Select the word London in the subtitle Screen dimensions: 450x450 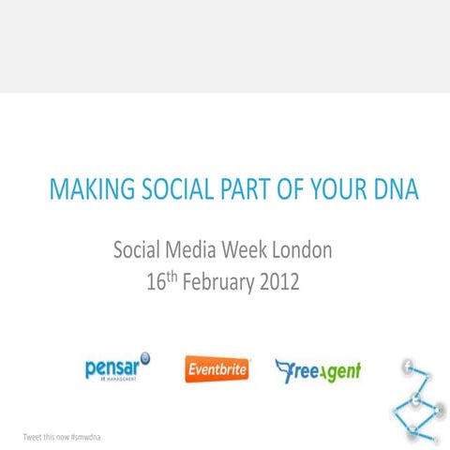(x=302, y=251)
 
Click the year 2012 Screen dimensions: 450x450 (x=278, y=280)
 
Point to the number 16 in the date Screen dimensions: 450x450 (x=157, y=280)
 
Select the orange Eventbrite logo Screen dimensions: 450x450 (x=217, y=369)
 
